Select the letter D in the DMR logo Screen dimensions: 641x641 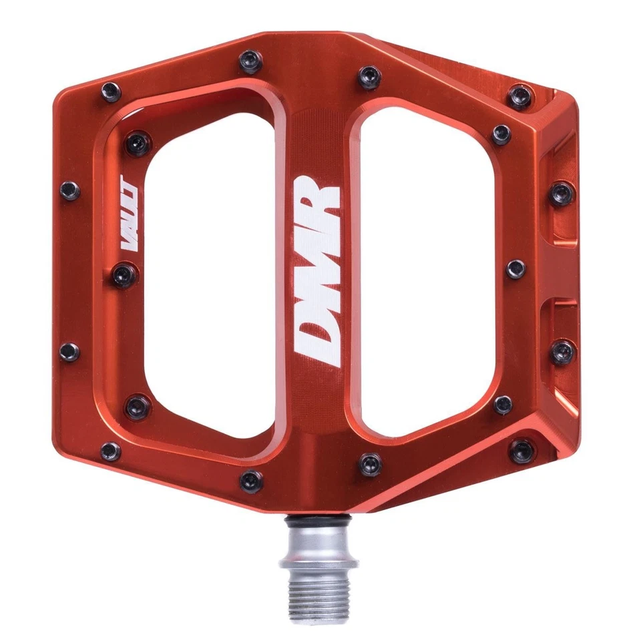pos(318,334)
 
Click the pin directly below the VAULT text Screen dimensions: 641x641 pos(125,275)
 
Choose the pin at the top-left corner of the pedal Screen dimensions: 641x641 pos(110,91)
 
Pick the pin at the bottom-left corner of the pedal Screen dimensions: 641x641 pos(110,451)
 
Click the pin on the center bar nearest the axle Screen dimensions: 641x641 pos(369,463)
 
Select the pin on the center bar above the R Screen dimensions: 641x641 pos(369,75)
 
